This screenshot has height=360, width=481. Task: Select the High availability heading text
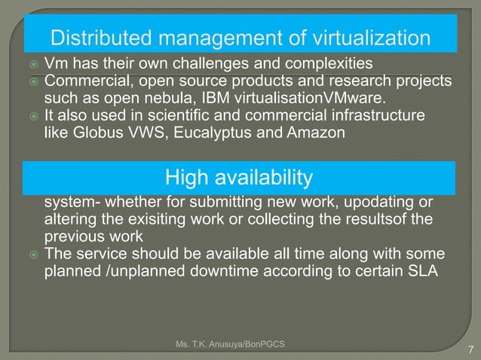pyautogui.click(x=238, y=178)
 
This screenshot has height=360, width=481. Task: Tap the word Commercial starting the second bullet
pyautogui.click(x=84, y=81)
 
